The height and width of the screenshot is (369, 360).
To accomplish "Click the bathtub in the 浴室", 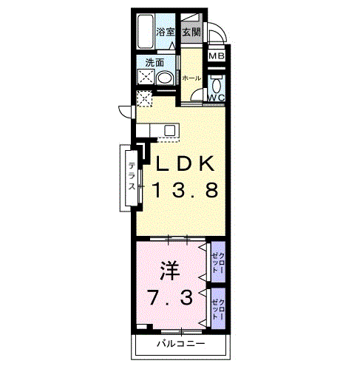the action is (146, 31).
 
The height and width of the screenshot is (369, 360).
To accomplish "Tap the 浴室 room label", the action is (165, 32).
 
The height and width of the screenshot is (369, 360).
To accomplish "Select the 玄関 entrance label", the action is (191, 32).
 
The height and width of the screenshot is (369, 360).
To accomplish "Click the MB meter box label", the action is (217, 56).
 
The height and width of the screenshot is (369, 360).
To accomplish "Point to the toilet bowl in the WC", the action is (217, 85).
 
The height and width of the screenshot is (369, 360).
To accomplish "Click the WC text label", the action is (217, 98).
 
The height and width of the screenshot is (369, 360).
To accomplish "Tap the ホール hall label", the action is (191, 78).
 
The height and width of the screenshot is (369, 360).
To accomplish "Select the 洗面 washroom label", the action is (154, 63).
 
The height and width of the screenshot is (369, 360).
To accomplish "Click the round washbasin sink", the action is (165, 78).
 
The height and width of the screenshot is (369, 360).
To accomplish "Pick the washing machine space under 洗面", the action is (146, 77).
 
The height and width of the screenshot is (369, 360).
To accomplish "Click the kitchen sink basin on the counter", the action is (170, 130).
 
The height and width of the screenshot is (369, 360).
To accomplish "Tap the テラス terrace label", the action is (132, 176).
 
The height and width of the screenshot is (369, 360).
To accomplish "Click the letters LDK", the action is (185, 163).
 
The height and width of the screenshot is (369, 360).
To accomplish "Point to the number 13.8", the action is (185, 190).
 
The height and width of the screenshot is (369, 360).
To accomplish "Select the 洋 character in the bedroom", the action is (169, 271).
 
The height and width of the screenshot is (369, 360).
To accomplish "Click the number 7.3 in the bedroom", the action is (170, 297).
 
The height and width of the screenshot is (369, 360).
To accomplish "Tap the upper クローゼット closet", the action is (218, 263).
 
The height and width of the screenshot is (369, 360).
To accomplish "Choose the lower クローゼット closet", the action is (218, 308).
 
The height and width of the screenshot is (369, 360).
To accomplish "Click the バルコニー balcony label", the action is (181, 343).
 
